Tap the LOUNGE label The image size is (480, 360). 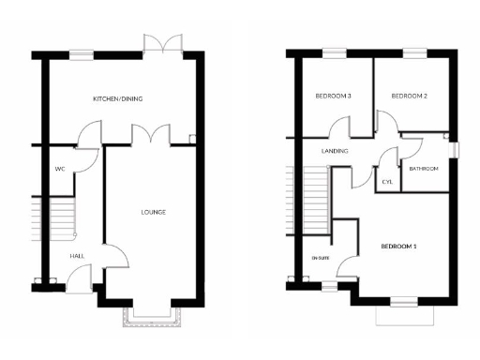153,212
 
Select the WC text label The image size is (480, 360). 59,170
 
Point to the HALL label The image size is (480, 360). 78,255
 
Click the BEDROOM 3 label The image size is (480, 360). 333,96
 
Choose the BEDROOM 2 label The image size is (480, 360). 409,96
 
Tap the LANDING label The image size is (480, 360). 335,151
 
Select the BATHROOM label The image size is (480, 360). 424,169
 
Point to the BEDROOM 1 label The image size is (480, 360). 398,247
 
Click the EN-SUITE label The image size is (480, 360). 321,257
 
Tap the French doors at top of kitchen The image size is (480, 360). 162,43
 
